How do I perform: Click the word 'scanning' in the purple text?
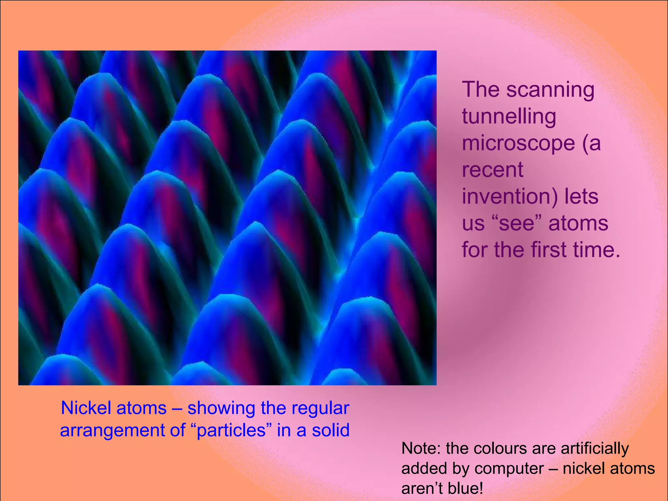[x=550, y=90]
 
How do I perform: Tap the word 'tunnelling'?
[x=509, y=116]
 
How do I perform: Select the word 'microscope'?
[x=518, y=144]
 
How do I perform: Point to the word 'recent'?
[x=493, y=170]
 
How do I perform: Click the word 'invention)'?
[x=510, y=197]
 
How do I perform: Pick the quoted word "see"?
[x=519, y=223]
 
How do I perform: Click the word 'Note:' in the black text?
[x=421, y=448]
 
